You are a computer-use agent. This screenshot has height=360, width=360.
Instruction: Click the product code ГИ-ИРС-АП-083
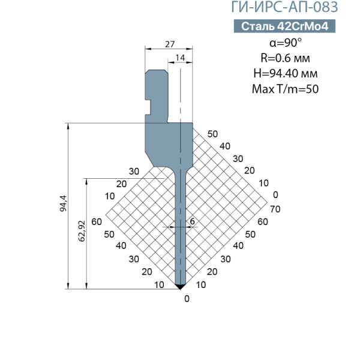284,7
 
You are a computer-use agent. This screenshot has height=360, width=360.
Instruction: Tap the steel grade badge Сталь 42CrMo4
284,26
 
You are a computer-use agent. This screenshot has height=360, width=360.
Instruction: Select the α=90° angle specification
286,43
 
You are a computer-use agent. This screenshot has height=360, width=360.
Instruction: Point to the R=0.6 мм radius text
285,58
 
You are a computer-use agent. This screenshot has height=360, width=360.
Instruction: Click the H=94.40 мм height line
286,73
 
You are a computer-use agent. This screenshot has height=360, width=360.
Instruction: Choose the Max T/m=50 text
285,89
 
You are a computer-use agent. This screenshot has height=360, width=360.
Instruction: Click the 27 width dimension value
170,44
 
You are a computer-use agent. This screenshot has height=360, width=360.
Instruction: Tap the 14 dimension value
180,58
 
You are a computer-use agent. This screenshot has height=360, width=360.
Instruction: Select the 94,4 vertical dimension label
63,203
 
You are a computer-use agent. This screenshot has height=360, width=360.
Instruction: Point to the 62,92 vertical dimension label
82,231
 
